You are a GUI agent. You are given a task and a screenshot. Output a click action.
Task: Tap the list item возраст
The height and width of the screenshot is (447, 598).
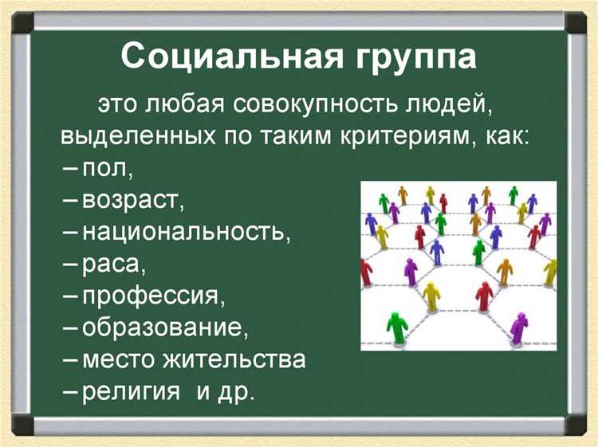(x=133, y=201)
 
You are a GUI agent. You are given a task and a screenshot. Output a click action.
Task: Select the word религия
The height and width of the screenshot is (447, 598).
(x=127, y=391)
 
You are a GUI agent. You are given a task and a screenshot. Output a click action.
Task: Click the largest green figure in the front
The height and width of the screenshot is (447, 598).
(x=395, y=326)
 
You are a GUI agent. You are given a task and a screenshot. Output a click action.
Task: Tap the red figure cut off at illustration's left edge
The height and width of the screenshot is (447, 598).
(x=366, y=271)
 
